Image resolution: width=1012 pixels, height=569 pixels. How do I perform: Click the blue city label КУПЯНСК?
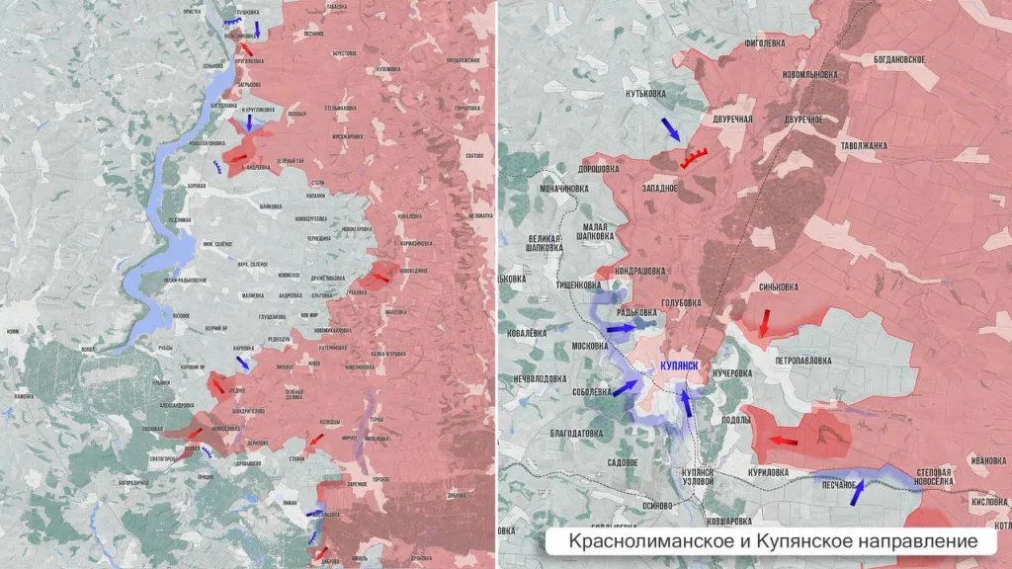tap(679, 366)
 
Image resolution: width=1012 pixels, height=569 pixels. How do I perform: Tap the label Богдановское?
tap(898, 59)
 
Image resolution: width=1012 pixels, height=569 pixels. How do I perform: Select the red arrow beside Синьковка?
tap(764, 323)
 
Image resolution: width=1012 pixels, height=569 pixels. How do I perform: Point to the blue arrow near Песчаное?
tap(857, 491)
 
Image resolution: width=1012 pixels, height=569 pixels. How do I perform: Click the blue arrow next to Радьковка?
tap(621, 328)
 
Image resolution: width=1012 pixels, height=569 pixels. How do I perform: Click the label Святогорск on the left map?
tap(162, 459)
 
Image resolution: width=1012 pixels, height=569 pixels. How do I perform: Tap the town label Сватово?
tap(474, 155)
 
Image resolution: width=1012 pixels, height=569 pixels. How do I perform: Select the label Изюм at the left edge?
tap(11, 331)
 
